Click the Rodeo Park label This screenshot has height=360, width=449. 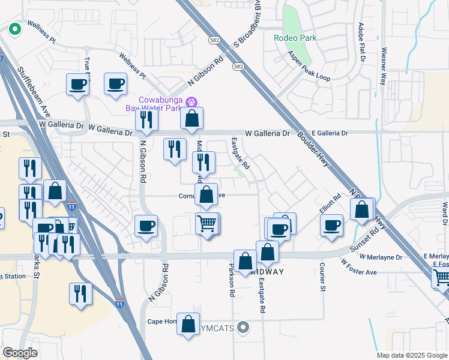(x=295, y=38)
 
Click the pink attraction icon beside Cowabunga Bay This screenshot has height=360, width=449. (x=191, y=100)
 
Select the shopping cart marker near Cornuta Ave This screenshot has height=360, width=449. (x=207, y=224)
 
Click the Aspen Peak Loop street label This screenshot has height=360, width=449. (x=310, y=66)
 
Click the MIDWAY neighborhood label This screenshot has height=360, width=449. (x=266, y=271)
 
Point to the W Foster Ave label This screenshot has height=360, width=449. (x=359, y=267)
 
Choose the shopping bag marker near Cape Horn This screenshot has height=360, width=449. (x=188, y=324)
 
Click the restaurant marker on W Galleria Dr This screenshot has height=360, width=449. (x=146, y=120)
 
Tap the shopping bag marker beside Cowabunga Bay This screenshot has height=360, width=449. (x=191, y=119)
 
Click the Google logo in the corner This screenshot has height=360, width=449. (x=20, y=353)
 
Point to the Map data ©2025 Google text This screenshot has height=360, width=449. (x=411, y=355)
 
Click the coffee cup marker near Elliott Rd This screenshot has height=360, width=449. (x=331, y=226)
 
